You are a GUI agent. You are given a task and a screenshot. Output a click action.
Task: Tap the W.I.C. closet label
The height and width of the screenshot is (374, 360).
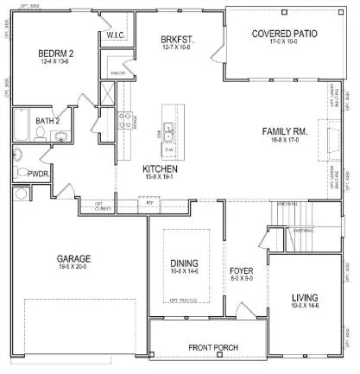[x=116, y=35]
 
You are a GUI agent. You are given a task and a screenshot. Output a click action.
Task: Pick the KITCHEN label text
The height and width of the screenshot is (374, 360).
[x=160, y=168]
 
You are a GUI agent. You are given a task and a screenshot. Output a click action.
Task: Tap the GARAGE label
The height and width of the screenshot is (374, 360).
[x=74, y=258]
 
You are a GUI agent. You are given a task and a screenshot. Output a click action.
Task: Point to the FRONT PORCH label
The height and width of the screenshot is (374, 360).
[x=213, y=348]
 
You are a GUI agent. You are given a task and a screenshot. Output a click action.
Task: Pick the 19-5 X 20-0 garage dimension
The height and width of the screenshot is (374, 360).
[x=74, y=268]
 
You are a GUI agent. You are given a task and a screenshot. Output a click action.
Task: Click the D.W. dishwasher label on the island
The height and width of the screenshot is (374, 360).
[x=170, y=149]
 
